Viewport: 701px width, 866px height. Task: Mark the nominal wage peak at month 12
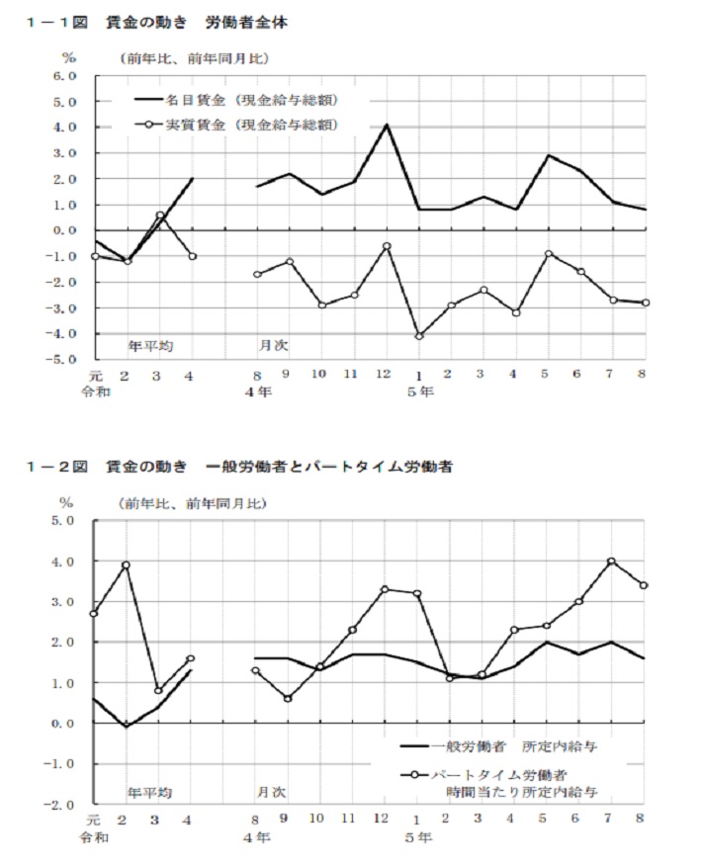(387, 125)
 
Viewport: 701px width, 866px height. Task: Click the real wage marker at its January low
(419, 337)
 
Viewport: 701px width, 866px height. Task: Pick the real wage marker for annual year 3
(160, 215)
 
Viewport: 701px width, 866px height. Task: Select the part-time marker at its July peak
(611, 561)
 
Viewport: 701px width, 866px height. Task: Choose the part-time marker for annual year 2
(126, 564)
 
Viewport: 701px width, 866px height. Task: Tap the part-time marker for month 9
(288, 699)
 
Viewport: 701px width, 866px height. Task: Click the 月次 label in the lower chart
(273, 792)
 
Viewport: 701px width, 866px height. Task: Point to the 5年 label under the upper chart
(420, 392)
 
